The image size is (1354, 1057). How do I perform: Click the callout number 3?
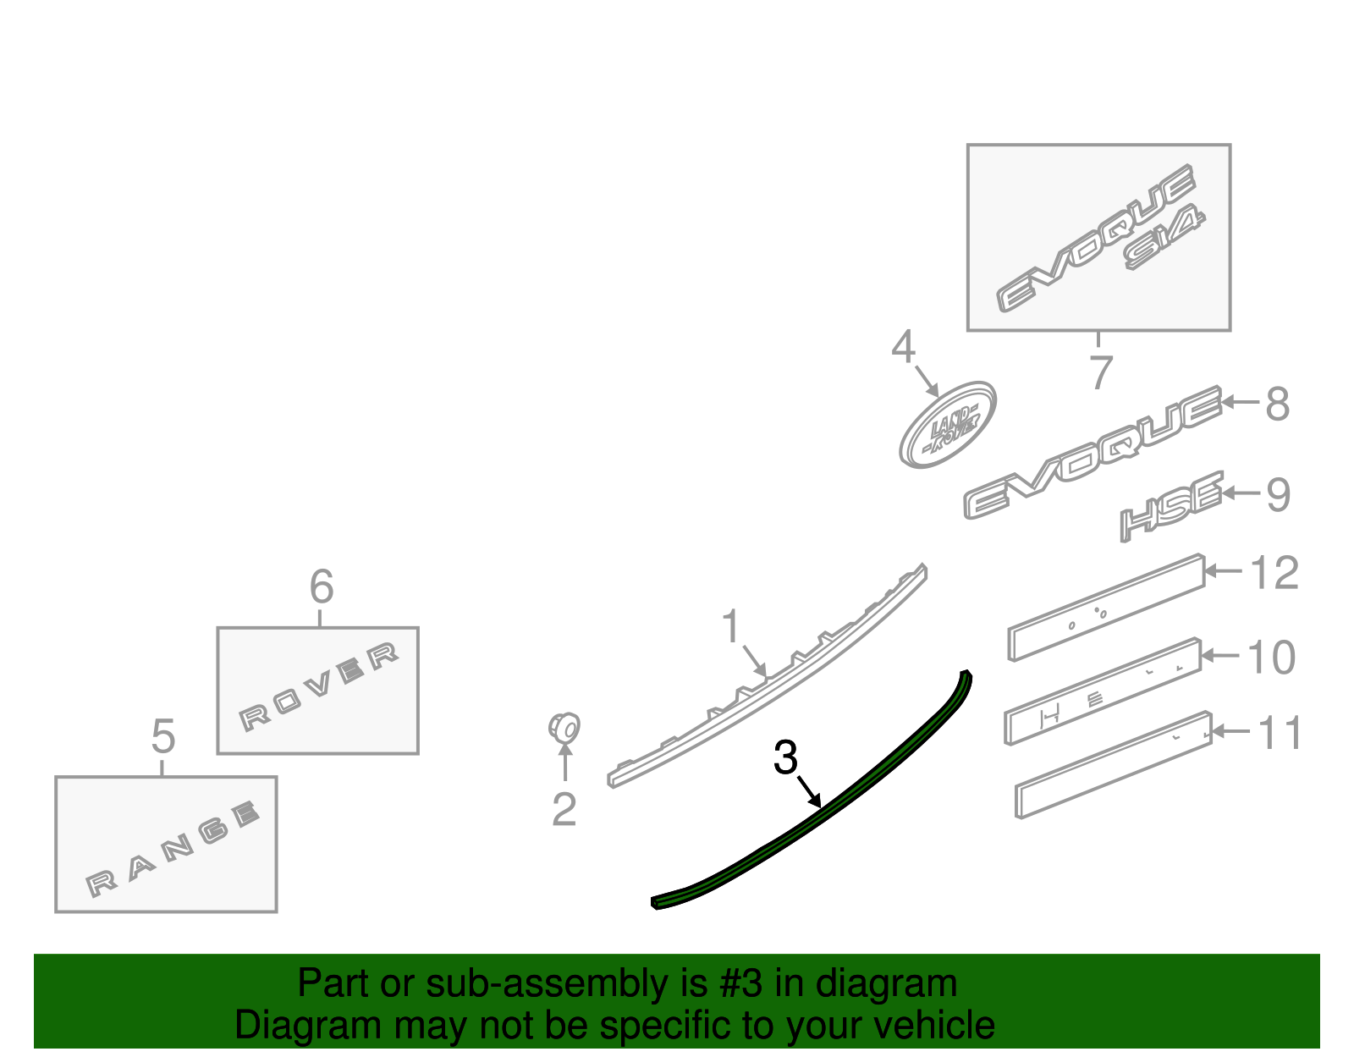[x=785, y=757]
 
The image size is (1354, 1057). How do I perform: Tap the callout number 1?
[x=730, y=626]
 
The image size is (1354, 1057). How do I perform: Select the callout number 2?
[x=564, y=809]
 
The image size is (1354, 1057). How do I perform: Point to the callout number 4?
[x=903, y=347]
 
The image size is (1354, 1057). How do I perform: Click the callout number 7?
[x=1100, y=372]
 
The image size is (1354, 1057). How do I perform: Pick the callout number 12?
[x=1274, y=572]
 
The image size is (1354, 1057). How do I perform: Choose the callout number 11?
[x=1280, y=733]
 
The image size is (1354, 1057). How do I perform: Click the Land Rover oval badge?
[x=947, y=425]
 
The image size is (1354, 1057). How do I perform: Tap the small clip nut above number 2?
[x=564, y=728]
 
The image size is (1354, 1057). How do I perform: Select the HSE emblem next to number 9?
[x=1171, y=506]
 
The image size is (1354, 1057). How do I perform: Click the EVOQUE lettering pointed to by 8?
[x=1092, y=453]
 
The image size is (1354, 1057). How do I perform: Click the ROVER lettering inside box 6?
[x=318, y=686]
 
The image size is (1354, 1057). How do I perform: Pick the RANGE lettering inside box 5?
[x=172, y=849]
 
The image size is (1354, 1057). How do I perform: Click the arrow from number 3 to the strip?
[x=809, y=791]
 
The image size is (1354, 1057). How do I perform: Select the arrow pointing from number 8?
[x=1240, y=402]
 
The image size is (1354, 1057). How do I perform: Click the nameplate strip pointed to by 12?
[x=1106, y=608]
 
